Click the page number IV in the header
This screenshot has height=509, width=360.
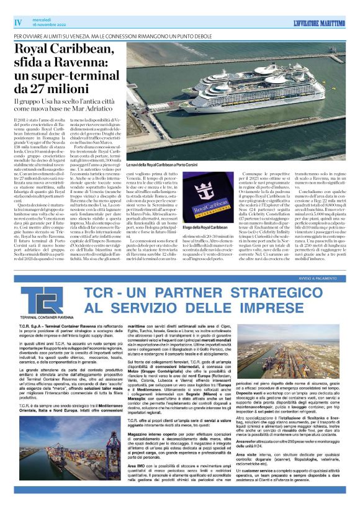point(18,22)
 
